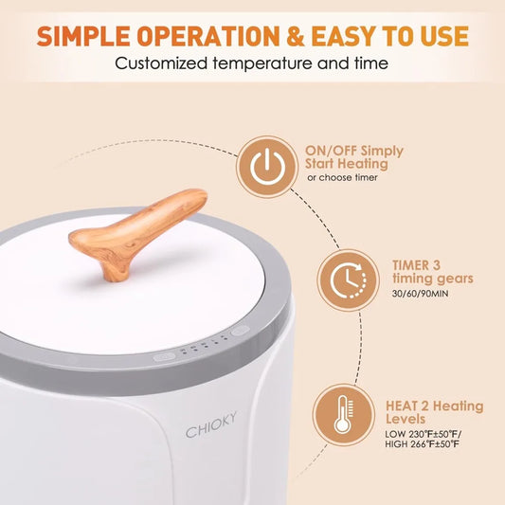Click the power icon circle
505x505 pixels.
(267, 167)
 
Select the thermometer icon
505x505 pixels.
(343, 415)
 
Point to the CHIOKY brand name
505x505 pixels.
(211, 424)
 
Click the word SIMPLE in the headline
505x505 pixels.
(83, 35)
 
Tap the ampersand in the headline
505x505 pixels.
(296, 35)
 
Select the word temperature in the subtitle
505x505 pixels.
(262, 63)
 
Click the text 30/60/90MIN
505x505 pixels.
(420, 294)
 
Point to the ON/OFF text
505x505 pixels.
(331, 151)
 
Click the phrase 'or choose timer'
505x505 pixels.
(342, 177)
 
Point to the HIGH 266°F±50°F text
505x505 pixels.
(423, 443)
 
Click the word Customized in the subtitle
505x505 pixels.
(161, 63)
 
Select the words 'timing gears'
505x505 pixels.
(433, 279)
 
